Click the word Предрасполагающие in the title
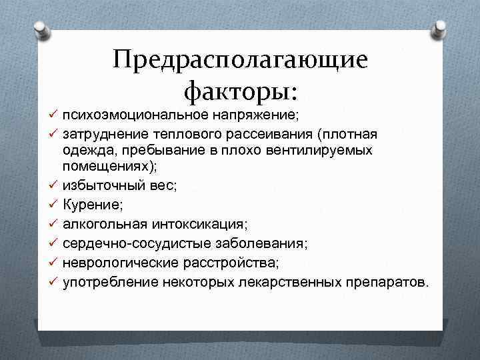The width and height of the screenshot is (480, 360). coord(240,60)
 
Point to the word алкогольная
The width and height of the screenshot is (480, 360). coord(101,221)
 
